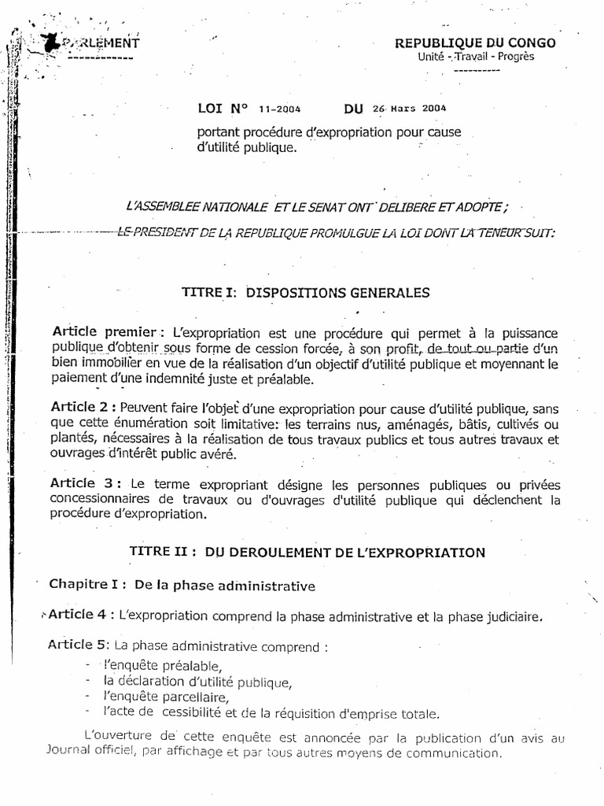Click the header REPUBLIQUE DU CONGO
[486, 43]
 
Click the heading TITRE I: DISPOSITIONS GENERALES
[306, 293]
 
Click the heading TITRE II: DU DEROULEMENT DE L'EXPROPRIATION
[307, 553]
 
